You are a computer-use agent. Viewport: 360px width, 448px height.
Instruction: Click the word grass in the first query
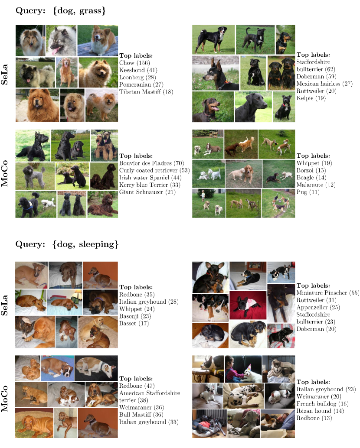[x=90, y=11]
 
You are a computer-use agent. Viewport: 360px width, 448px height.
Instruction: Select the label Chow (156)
[x=134, y=63]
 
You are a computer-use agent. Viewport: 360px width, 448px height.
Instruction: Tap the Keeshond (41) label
[x=138, y=70]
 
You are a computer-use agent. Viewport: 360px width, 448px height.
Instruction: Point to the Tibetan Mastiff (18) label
[x=146, y=92]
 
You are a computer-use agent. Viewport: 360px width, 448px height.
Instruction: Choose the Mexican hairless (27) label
[x=324, y=84]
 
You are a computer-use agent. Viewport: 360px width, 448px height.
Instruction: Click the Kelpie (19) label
[x=311, y=98]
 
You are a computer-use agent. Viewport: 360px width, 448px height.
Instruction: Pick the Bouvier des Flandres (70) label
[x=151, y=163]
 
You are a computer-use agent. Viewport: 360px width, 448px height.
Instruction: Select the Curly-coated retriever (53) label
[x=154, y=170]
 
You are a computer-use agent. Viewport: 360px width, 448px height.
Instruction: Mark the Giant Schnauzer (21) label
[x=147, y=192]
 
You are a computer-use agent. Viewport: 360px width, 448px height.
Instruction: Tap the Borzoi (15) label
[x=311, y=170]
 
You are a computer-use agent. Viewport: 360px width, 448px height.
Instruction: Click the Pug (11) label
[x=308, y=192]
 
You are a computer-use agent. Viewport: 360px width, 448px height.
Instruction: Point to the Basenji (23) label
[x=135, y=316]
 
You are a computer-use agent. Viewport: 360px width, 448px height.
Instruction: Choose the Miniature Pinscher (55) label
[x=328, y=293]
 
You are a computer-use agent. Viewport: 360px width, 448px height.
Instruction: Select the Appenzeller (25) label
[x=318, y=308]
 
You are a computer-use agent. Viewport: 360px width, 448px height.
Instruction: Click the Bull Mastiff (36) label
[x=141, y=415]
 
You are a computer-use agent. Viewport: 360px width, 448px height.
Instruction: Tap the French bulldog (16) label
[x=322, y=404]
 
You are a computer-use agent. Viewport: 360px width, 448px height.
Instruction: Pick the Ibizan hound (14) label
[x=320, y=411]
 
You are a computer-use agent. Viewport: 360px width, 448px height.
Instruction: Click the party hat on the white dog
[x=249, y=367]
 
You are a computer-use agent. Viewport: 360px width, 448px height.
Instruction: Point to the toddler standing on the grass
[x=203, y=196]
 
